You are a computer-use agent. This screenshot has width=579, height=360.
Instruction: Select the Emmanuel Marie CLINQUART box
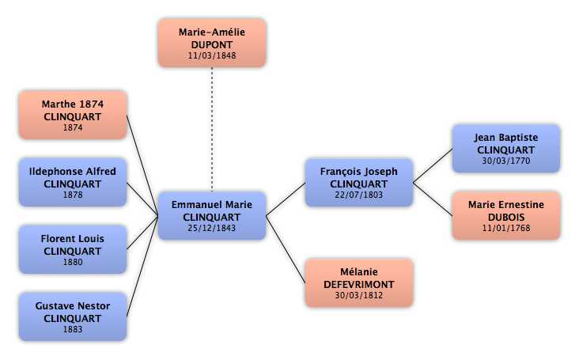tap(212, 215)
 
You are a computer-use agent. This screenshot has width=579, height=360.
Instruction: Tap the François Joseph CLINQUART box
tap(358, 183)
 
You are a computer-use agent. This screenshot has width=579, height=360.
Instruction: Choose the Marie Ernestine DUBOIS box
tap(505, 215)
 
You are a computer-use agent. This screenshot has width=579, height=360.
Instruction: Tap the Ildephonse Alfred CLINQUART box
tap(73, 183)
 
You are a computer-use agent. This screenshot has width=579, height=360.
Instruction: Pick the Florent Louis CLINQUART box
tap(73, 250)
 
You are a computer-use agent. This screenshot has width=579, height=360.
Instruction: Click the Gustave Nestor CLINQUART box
tap(73, 317)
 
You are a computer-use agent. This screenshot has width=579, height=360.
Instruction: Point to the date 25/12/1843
tap(212, 228)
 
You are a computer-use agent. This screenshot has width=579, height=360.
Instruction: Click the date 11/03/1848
tap(212, 56)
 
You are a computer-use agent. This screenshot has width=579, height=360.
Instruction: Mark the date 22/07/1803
tap(358, 195)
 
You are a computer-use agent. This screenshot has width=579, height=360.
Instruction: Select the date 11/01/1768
tap(505, 229)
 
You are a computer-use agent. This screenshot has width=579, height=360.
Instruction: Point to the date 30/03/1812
tap(358, 297)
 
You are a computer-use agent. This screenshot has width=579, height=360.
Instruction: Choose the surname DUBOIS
tap(505, 216)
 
